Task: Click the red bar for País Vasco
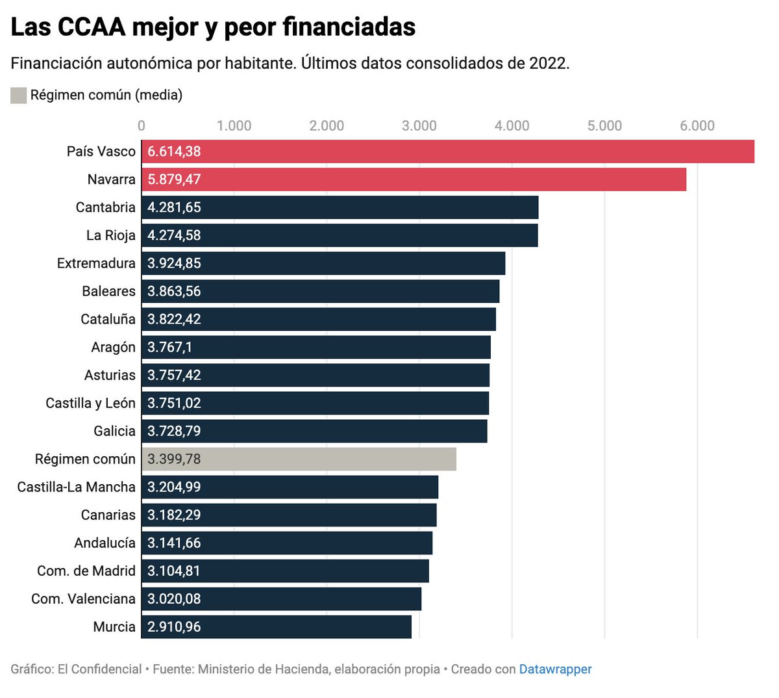point(448,151)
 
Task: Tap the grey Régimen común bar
point(299,459)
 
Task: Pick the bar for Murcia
point(276,627)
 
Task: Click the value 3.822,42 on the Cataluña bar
point(174,319)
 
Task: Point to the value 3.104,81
point(174,571)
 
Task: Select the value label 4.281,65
point(174,207)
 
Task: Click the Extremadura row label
point(96,263)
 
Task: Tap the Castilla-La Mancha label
point(77,487)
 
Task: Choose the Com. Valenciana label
point(83,599)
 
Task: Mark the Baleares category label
point(108,291)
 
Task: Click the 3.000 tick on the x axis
point(419,125)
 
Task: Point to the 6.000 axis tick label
point(697,125)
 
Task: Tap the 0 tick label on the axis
point(142,125)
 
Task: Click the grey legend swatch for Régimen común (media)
point(18,96)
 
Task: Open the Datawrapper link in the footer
point(555,669)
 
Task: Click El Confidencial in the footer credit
point(99,669)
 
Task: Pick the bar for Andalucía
point(286,543)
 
